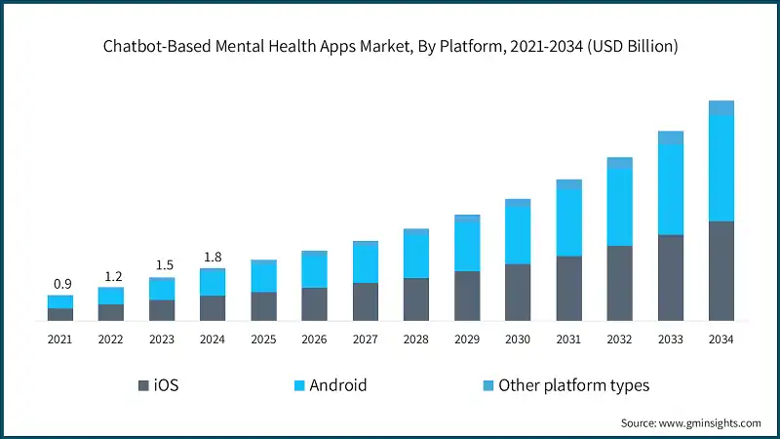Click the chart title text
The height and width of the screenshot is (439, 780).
click(x=390, y=46)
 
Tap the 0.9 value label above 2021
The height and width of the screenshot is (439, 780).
click(x=60, y=284)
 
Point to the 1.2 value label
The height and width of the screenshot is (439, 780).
click(x=111, y=276)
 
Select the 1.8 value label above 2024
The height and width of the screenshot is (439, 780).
click(x=213, y=258)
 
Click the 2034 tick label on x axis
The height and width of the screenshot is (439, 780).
click(x=721, y=339)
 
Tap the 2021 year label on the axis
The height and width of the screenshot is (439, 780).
click(x=60, y=339)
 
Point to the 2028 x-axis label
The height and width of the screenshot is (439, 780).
click(x=416, y=339)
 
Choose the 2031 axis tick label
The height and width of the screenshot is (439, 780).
click(x=568, y=339)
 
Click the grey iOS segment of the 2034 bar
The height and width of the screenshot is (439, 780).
click(x=721, y=271)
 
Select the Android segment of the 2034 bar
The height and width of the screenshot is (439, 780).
click(x=721, y=168)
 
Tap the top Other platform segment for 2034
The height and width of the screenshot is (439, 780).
click(x=721, y=107)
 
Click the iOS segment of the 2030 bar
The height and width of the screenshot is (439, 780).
click(x=518, y=293)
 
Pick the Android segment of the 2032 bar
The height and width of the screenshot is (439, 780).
click(x=619, y=207)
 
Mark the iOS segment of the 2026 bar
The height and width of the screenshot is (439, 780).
click(x=314, y=304)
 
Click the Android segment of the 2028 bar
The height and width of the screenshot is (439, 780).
click(x=416, y=256)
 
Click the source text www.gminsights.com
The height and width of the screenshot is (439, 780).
click(x=690, y=422)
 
